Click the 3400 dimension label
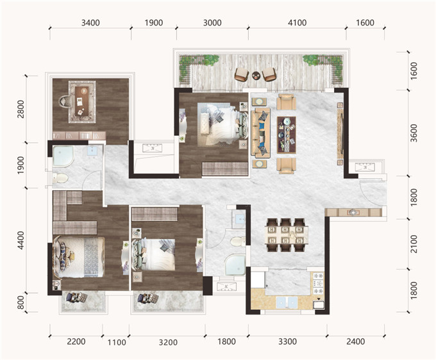tap(90, 23)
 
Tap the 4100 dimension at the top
tap(297, 23)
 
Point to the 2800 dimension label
tap(21, 109)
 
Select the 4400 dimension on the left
tap(21, 241)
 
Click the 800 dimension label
tap(21, 302)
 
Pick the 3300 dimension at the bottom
tap(287, 341)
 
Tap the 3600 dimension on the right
tap(414, 133)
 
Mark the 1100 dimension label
tap(117, 342)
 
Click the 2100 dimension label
tap(414, 244)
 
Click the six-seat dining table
tap(287, 235)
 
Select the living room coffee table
tap(287, 135)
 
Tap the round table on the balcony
tap(256, 76)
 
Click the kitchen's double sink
tap(287, 302)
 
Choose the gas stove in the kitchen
tap(318, 284)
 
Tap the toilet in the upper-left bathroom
tap(60, 178)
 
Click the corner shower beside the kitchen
tap(235, 265)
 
